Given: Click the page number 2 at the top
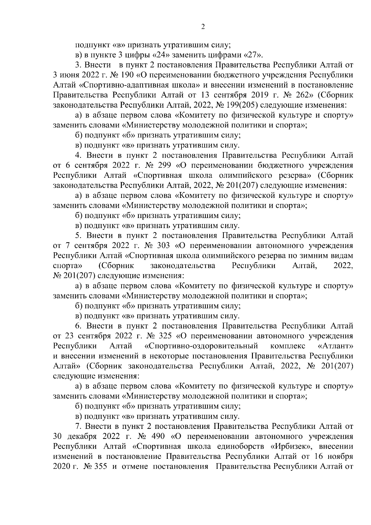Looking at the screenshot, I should point(203,27).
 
